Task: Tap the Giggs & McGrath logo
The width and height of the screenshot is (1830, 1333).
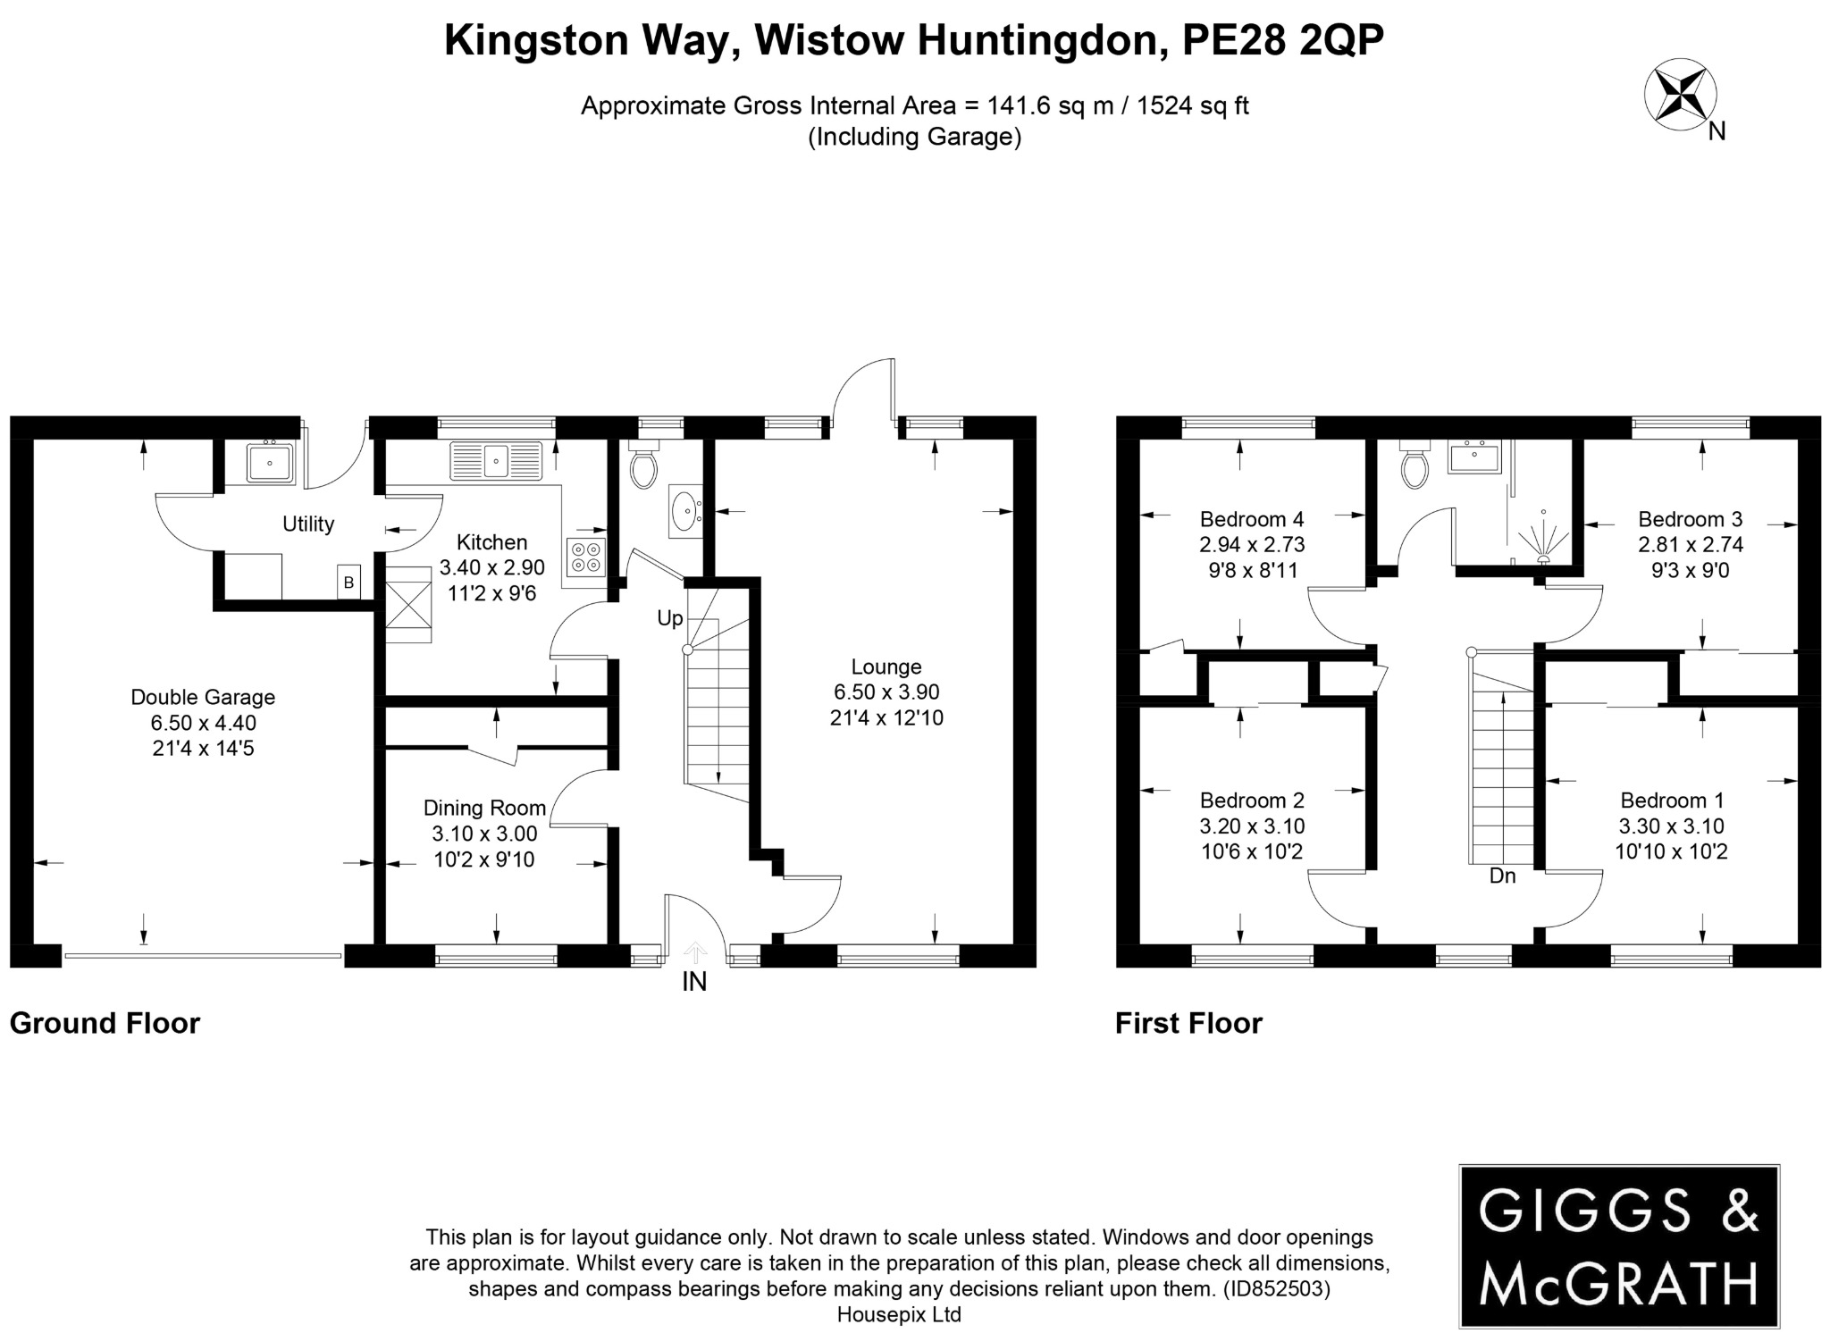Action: pyautogui.click(x=1618, y=1245)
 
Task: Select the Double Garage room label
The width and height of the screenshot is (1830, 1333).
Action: pyautogui.click(x=203, y=697)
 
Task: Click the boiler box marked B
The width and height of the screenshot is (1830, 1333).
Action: pyautogui.click(x=348, y=583)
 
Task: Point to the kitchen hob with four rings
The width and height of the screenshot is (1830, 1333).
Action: pyautogui.click(x=586, y=558)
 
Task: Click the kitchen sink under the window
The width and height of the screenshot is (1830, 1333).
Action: pyautogui.click(x=496, y=461)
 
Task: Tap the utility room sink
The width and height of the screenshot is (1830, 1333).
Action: pyautogui.click(x=269, y=463)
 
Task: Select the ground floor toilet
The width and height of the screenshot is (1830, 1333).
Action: pyautogui.click(x=643, y=465)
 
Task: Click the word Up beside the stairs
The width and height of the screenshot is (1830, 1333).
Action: pyautogui.click(x=670, y=618)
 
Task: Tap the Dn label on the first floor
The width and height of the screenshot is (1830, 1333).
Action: pyautogui.click(x=1502, y=876)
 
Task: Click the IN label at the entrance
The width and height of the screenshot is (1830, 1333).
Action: pyautogui.click(x=694, y=982)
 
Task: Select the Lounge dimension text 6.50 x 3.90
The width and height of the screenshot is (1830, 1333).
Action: pyautogui.click(x=886, y=692)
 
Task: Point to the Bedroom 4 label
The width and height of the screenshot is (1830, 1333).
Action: pyautogui.click(x=1252, y=519)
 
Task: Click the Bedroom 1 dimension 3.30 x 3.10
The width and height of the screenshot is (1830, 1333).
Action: pyautogui.click(x=1671, y=826)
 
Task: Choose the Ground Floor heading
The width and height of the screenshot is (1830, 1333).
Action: pyautogui.click(x=105, y=1023)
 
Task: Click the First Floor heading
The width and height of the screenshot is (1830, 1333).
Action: pyautogui.click(x=1188, y=1023)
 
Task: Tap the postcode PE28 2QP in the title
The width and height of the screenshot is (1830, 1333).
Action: pyautogui.click(x=1283, y=40)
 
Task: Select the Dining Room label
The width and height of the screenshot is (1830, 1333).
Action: pyautogui.click(x=484, y=808)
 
